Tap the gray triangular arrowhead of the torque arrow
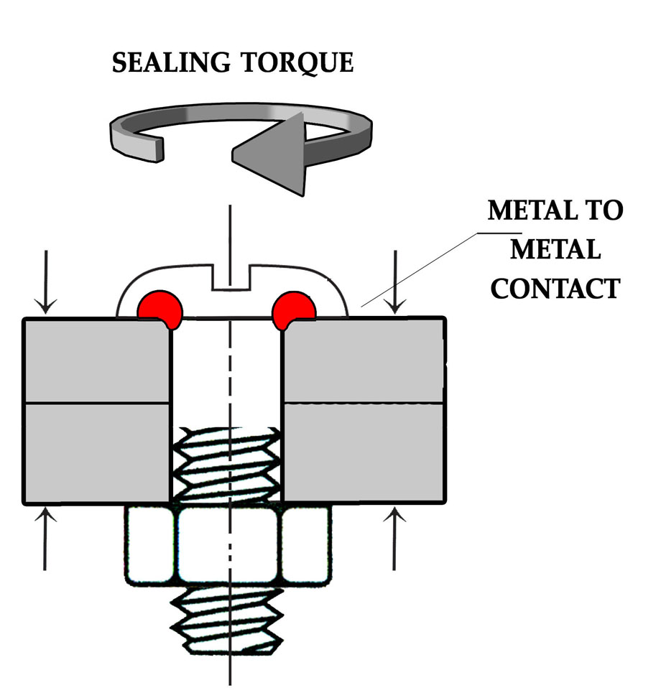(x=270, y=152)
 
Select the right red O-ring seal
(x=295, y=308)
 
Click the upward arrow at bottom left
(x=46, y=539)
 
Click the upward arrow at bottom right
(x=394, y=539)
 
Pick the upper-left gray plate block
(x=98, y=360)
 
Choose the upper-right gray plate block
(x=364, y=360)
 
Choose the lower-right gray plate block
(x=364, y=452)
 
